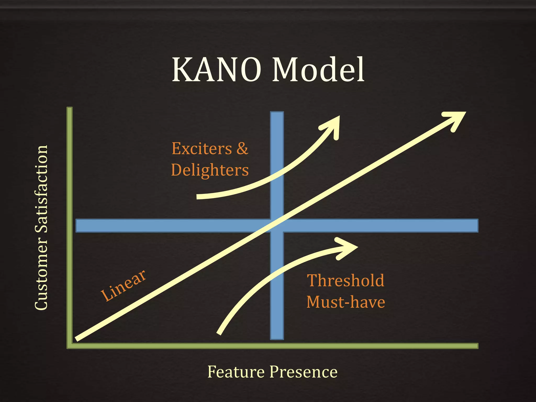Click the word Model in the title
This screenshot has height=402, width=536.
click(318, 70)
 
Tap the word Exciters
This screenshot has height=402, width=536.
click(202, 149)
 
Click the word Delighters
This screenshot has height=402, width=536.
click(210, 170)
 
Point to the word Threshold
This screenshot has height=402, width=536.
click(345, 281)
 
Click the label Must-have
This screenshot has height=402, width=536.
click(345, 302)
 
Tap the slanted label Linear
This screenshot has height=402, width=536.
click(123, 286)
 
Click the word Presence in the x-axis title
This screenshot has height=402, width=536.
click(304, 372)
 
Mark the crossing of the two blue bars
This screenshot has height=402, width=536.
click(277, 226)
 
